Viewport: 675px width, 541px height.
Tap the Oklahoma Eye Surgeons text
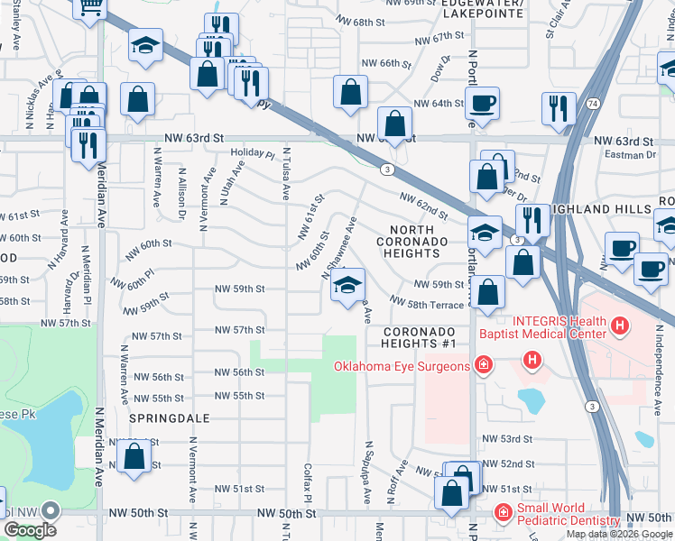point(402,366)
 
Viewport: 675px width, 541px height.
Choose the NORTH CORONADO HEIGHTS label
point(412,242)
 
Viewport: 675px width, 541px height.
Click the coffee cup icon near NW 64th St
point(484,102)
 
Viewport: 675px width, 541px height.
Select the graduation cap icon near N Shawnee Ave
point(347,287)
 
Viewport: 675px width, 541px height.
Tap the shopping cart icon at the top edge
point(90,7)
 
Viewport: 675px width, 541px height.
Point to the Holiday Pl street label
point(252,153)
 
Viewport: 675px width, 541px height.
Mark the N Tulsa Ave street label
point(285,174)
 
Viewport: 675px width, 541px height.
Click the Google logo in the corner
point(30,530)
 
